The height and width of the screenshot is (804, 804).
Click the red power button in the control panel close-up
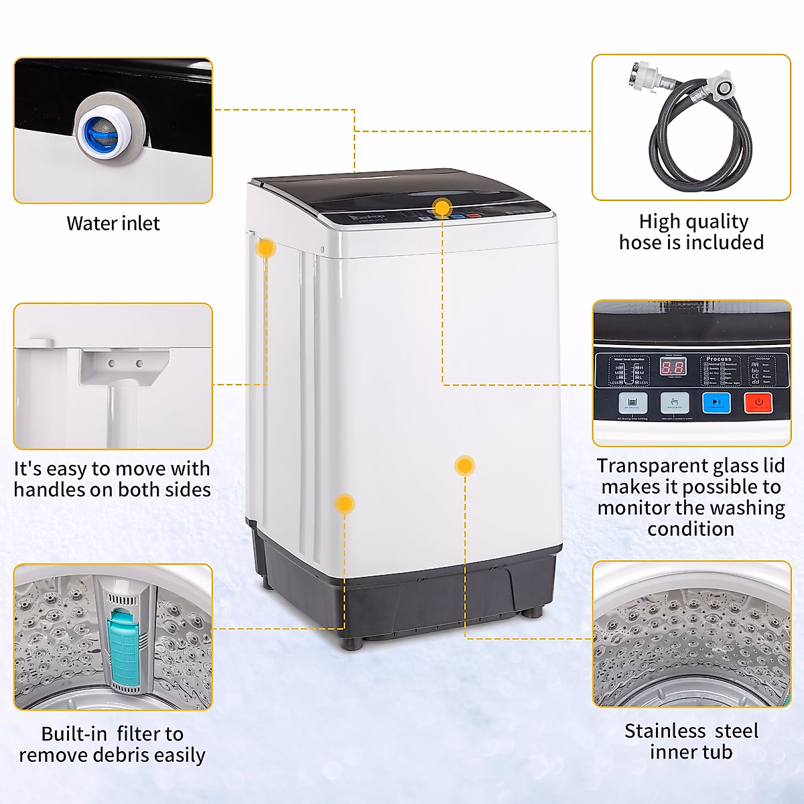pyautogui.click(x=758, y=403)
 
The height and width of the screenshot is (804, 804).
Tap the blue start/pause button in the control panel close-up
pyautogui.click(x=716, y=403)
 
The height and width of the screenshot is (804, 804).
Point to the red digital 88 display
pyautogui.click(x=673, y=367)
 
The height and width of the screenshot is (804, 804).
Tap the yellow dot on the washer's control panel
pyautogui.click(x=442, y=208)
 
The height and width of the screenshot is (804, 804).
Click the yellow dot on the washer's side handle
pyautogui.click(x=266, y=248)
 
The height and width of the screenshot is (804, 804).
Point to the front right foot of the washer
pyautogui.click(x=533, y=611)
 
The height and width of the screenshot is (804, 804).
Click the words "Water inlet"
pyautogui.click(x=113, y=224)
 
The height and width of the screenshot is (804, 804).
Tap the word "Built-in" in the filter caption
pyautogui.click(x=74, y=734)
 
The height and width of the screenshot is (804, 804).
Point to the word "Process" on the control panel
pyautogui.click(x=718, y=359)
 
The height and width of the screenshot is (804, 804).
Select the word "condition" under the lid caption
pyautogui.click(x=691, y=529)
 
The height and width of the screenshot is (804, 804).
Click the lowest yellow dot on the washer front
pyautogui.click(x=344, y=504)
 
